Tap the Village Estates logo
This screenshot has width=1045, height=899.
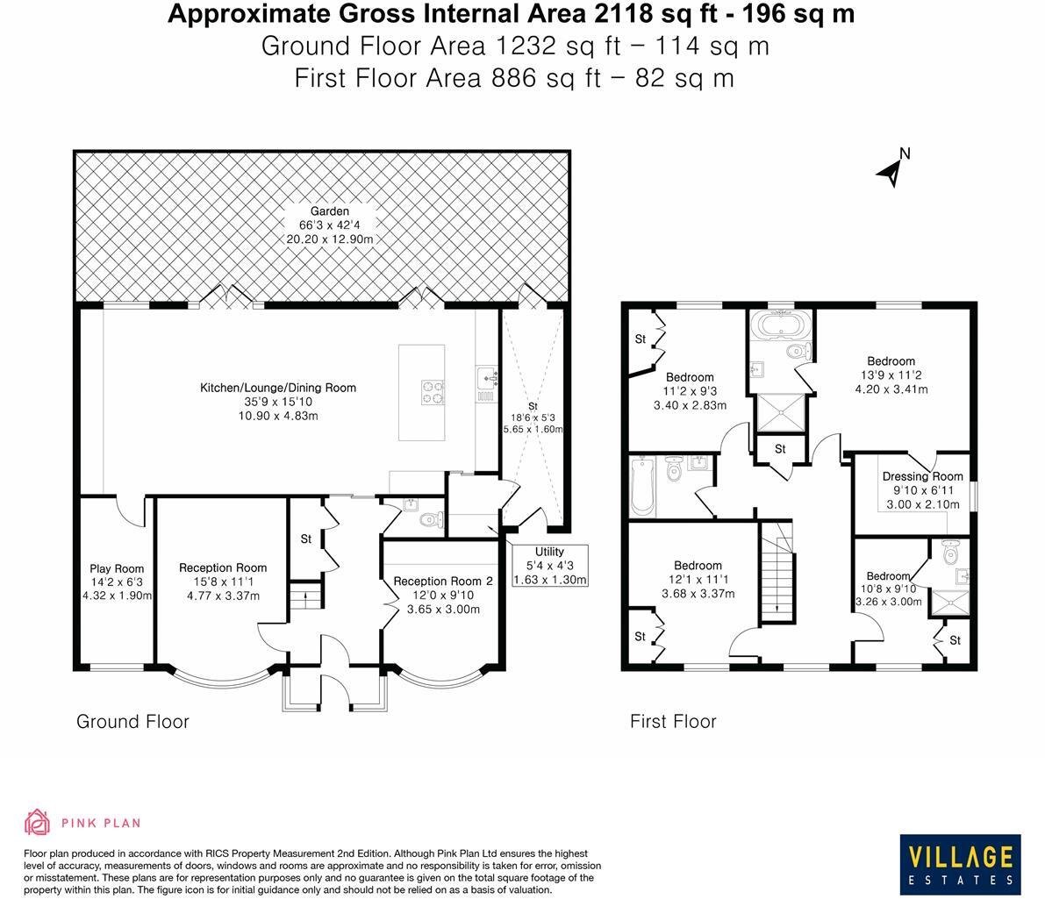pos(960,863)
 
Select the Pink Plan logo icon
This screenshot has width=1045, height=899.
pos(37,823)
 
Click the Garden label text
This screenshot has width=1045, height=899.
pos(329,211)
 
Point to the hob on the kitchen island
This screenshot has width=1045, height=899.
pos(433,390)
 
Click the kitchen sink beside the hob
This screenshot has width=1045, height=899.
pos(487,377)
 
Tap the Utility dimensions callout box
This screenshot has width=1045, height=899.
pos(549,566)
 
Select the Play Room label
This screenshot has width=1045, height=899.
pos(117,568)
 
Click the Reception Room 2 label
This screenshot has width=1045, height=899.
pos(437,581)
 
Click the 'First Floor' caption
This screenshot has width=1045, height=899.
pos(673,722)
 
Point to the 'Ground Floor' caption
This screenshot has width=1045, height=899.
pos(132,722)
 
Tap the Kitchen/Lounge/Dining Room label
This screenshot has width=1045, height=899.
pos(278,388)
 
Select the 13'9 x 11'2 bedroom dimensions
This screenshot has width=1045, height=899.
pos(891,375)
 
